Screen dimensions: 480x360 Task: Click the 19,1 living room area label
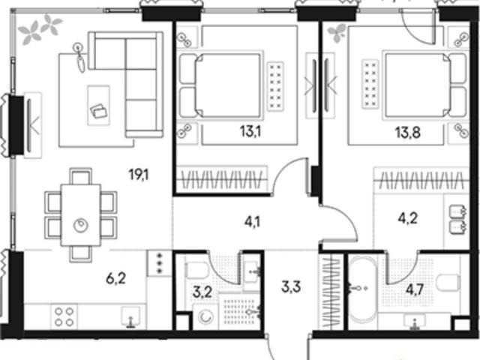coord(139,175)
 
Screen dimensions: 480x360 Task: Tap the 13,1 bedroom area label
coord(250,132)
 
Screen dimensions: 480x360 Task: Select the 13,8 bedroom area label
coord(407,133)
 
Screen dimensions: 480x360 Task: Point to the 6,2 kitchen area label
coord(116,279)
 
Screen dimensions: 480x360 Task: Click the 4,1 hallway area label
coord(252,222)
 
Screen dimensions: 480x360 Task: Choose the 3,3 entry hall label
coord(291,287)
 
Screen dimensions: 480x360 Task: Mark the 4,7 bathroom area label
coord(415,289)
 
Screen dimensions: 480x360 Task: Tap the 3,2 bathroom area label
coord(202,292)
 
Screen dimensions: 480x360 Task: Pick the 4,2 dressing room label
coord(407,218)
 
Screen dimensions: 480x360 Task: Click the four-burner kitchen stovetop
coord(64,316)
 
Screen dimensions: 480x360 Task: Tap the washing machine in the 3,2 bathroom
coord(205,317)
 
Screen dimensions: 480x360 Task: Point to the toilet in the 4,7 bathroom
coord(448,282)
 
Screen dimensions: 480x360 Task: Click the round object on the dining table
coord(81,225)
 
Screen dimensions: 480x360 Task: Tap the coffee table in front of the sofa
coord(98,105)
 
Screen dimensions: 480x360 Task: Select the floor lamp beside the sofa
coord(80,58)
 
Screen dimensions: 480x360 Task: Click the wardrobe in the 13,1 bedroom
coord(222,179)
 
